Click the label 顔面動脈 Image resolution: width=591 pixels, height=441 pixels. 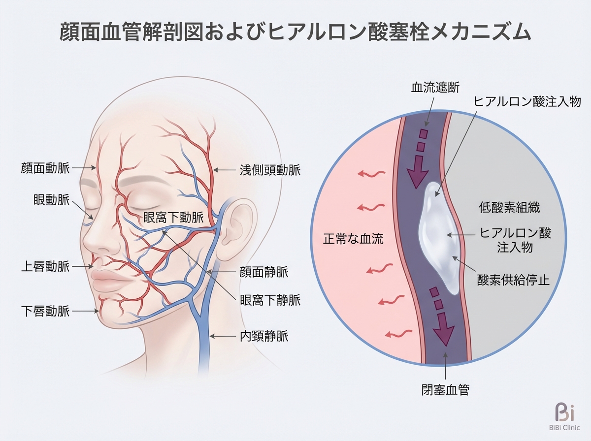coord(46,168)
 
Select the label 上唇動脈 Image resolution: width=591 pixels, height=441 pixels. coord(46,267)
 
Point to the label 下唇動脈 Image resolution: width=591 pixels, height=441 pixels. coord(46,311)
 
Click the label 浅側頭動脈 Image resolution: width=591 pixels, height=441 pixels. coord(270,170)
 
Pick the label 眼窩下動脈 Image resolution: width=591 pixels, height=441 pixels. coord(173,217)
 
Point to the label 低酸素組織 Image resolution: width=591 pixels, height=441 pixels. coord(509,207)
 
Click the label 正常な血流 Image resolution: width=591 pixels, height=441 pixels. coord(353,240)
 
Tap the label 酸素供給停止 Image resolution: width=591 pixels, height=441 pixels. coord(513,280)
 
